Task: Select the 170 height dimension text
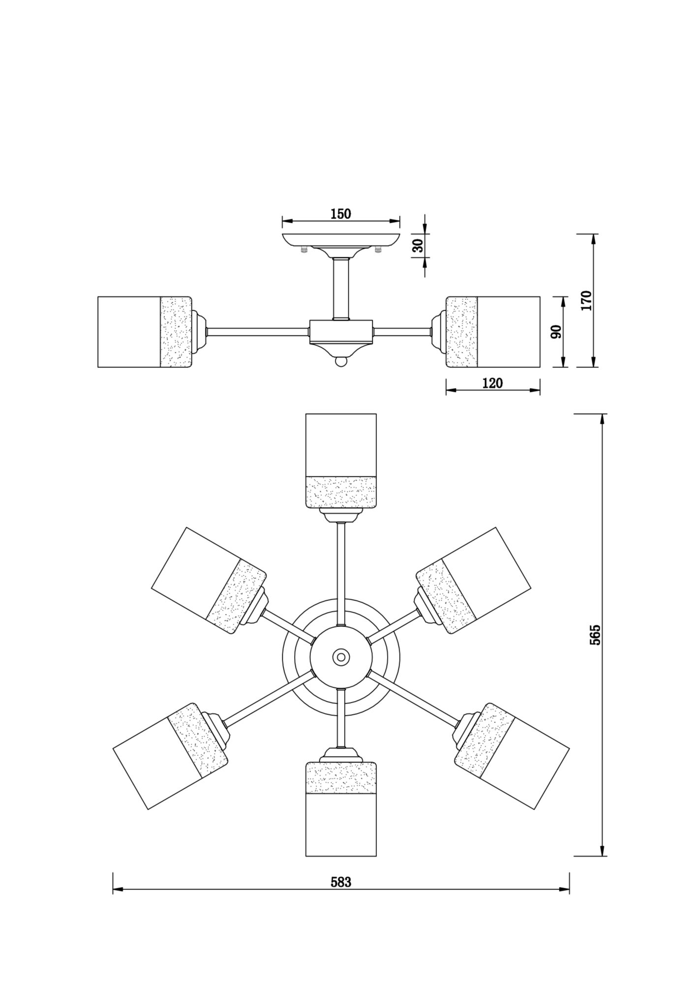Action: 586,300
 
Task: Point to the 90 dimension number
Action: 556,332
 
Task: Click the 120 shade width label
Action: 492,383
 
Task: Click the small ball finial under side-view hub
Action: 340,362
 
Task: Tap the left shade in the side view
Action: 144,332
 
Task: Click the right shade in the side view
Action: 493,332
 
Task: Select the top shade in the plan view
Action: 341,461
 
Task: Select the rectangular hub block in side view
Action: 340,332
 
